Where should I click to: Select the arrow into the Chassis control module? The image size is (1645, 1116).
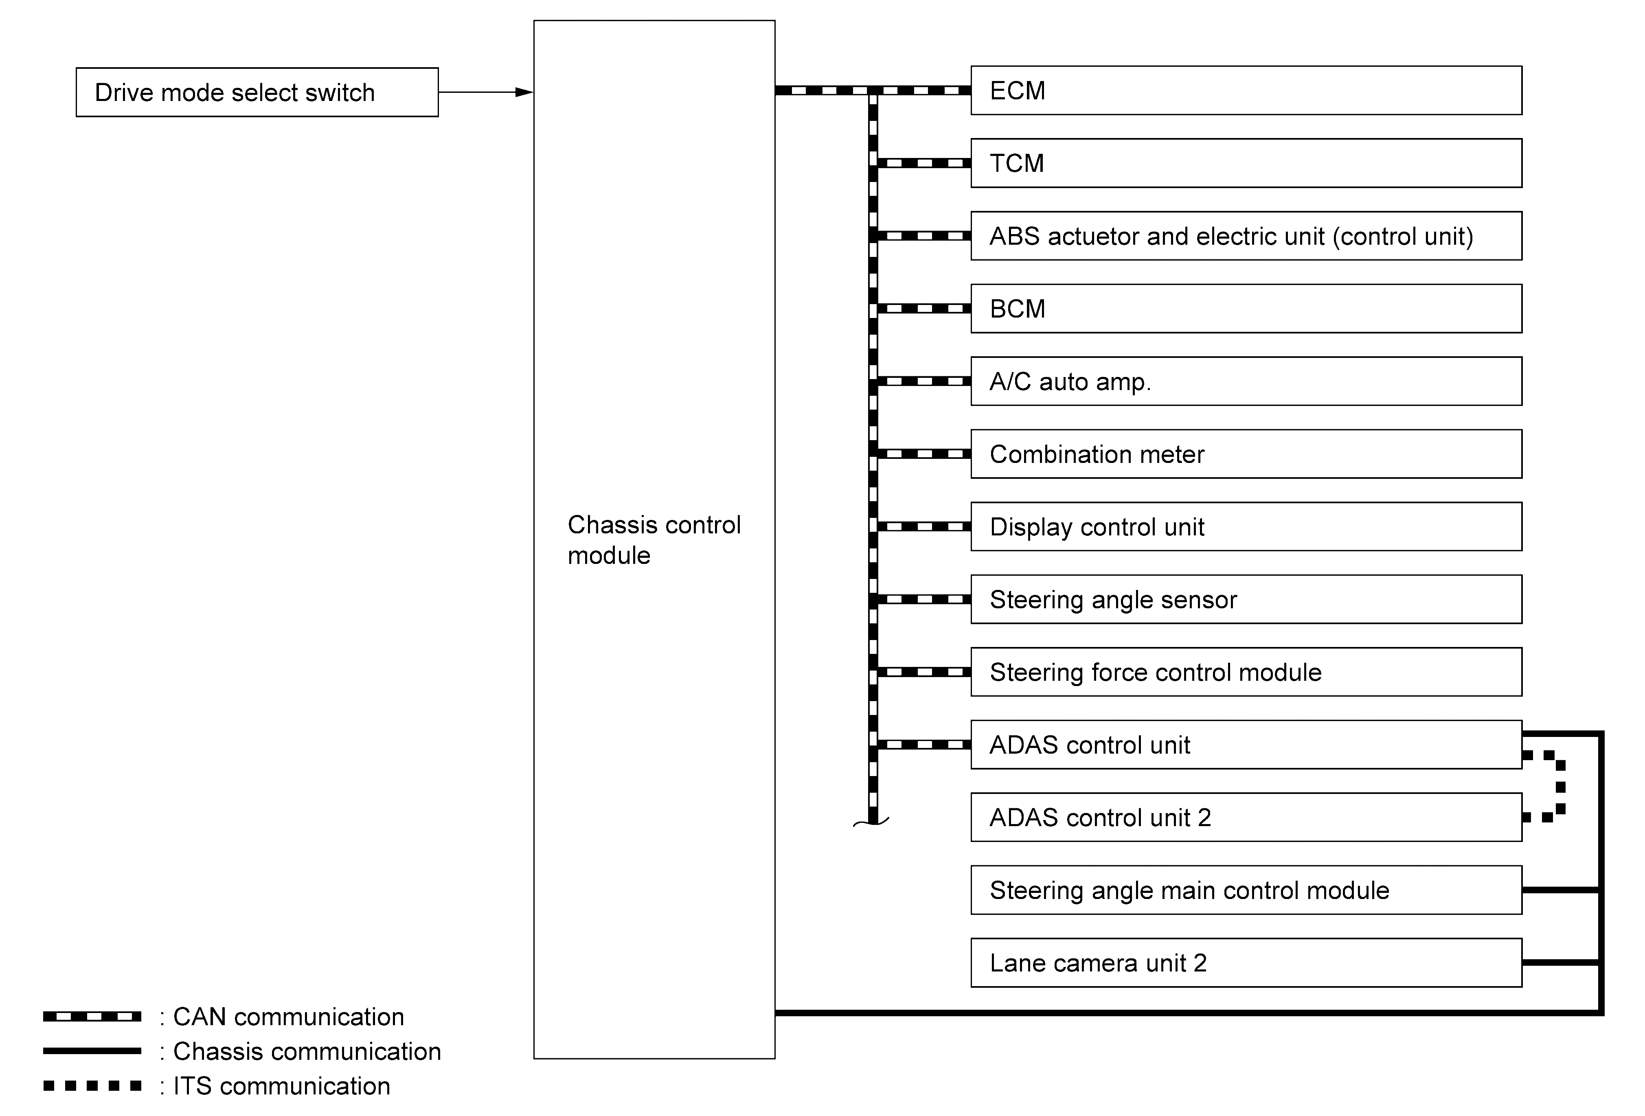click(x=486, y=92)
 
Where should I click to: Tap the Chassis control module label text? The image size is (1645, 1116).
click(x=654, y=540)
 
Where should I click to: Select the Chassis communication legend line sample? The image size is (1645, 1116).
click(x=92, y=1051)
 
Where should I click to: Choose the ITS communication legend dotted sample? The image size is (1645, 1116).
click(x=92, y=1085)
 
